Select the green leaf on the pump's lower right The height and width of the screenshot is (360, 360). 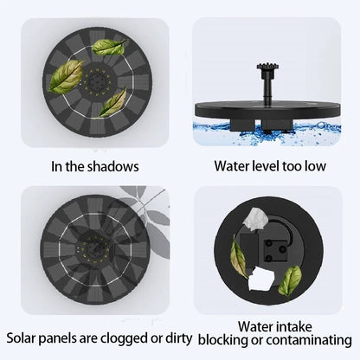(x=291, y=277)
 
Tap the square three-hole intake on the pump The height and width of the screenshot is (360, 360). (x=279, y=248)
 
